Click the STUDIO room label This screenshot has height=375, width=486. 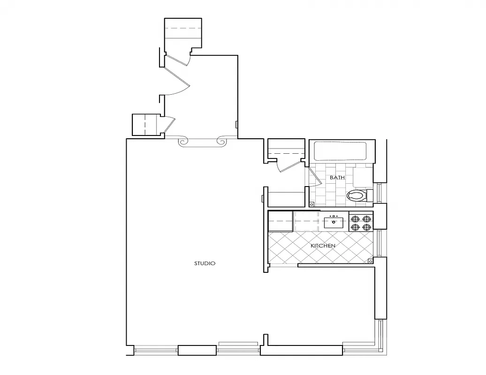click(205, 263)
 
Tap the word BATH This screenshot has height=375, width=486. click(337, 178)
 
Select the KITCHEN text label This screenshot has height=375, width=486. click(323, 246)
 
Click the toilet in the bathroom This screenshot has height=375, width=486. click(357, 195)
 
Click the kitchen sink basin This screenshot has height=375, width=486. click(334, 222)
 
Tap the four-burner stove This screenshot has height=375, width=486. click(361, 222)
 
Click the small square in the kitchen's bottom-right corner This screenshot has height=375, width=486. click(370, 261)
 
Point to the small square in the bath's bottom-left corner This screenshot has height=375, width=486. click(312, 204)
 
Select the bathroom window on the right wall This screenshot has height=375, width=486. click(380, 193)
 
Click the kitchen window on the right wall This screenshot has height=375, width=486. click(380, 243)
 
